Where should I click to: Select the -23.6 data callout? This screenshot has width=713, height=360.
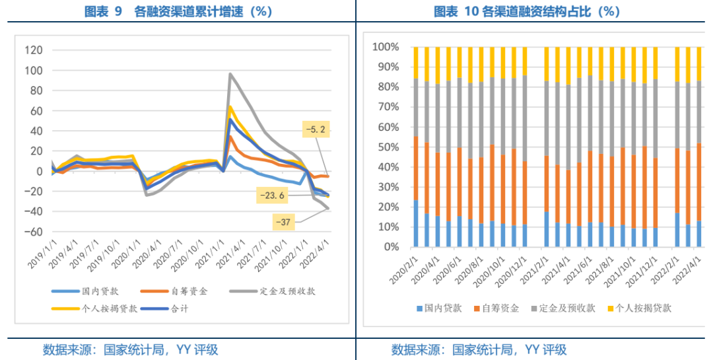pyautogui.click(x=271, y=195)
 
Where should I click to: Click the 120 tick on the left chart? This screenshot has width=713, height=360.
pyautogui.click(x=32, y=50)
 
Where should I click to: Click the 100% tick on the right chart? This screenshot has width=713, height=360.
pyautogui.click(x=386, y=48)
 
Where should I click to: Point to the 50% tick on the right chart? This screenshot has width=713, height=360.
pyautogui.click(x=389, y=147)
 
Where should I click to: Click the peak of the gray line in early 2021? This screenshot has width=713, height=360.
pyautogui.click(x=230, y=74)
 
